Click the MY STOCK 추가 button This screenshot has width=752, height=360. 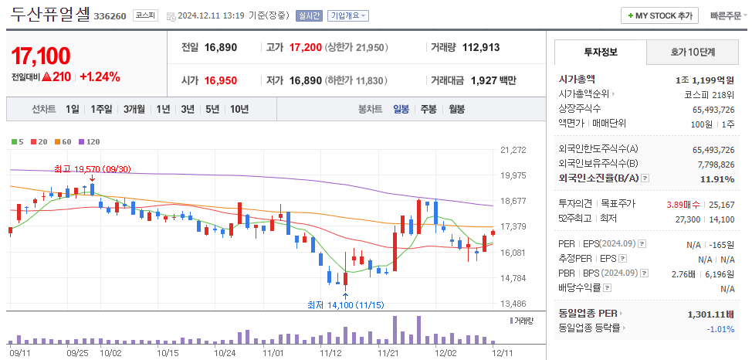(660, 15)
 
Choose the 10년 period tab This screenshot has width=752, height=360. (239, 110)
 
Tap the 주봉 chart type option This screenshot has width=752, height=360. (429, 110)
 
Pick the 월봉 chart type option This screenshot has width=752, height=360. (456, 110)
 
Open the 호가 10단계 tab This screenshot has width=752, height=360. (692, 53)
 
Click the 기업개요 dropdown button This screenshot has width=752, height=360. (348, 15)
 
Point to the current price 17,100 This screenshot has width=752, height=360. (41, 56)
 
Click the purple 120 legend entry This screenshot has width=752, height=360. (90, 141)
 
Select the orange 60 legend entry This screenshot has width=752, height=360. (63, 141)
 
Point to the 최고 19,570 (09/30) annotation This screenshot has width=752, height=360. (93, 169)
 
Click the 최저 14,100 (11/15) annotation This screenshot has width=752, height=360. (345, 305)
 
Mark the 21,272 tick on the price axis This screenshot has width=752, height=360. (513, 150)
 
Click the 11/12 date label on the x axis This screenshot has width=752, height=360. (330, 352)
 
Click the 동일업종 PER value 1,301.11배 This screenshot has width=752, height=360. (710, 314)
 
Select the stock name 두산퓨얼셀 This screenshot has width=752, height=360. (50, 14)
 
